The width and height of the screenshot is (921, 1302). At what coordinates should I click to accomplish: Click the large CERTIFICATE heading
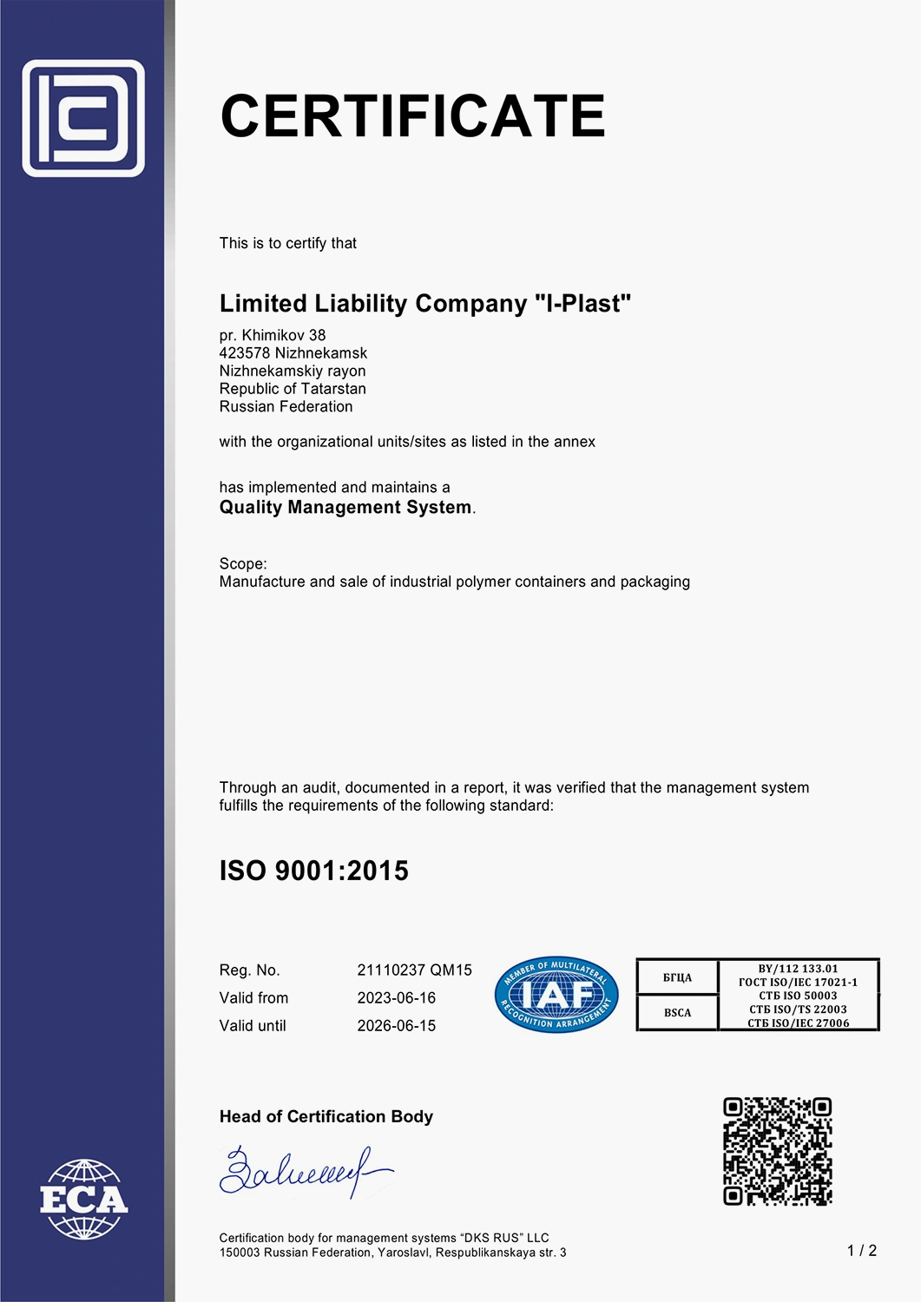pos(412,116)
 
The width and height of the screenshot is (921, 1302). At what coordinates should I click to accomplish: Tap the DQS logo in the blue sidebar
pos(83,118)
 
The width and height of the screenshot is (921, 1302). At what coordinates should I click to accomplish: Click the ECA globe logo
pos(83,1199)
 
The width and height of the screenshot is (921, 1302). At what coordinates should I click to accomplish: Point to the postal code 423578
pos(245,353)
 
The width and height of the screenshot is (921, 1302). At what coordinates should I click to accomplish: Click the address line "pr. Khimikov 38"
pos(273,335)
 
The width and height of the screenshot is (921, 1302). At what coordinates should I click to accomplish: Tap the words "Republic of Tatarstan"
pos(293,389)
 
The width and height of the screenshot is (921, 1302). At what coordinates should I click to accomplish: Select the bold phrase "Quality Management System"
pos(345,507)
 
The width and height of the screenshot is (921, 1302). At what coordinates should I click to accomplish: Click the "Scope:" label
pos(243,563)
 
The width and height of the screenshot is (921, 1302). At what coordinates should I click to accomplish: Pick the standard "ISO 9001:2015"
pos(313,871)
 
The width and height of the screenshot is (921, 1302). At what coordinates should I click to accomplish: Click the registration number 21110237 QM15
pos(415,970)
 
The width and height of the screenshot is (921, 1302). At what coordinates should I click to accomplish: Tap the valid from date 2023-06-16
pos(397,998)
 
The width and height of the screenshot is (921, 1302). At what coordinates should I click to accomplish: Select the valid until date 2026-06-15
pos(397,1026)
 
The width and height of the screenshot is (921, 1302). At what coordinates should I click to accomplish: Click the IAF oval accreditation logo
pos(556,995)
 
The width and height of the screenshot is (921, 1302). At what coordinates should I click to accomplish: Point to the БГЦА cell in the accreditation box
pos(677,977)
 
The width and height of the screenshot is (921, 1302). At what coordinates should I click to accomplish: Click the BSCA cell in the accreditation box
pos(677,1013)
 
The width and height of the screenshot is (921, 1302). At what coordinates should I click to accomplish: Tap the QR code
pos(778,1151)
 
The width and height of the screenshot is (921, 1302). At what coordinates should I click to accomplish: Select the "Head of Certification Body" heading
pos(326,1117)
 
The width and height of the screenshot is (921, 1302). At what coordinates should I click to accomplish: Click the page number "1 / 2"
pos(862,1251)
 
